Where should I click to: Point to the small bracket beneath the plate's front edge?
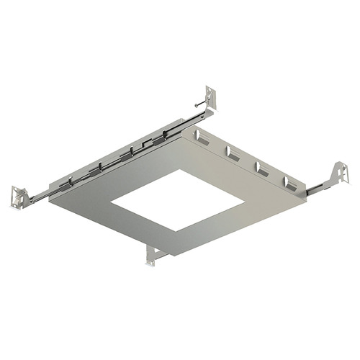(x=153, y=256)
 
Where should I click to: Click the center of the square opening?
(x=177, y=199)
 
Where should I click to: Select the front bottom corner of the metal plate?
(x=165, y=257)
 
